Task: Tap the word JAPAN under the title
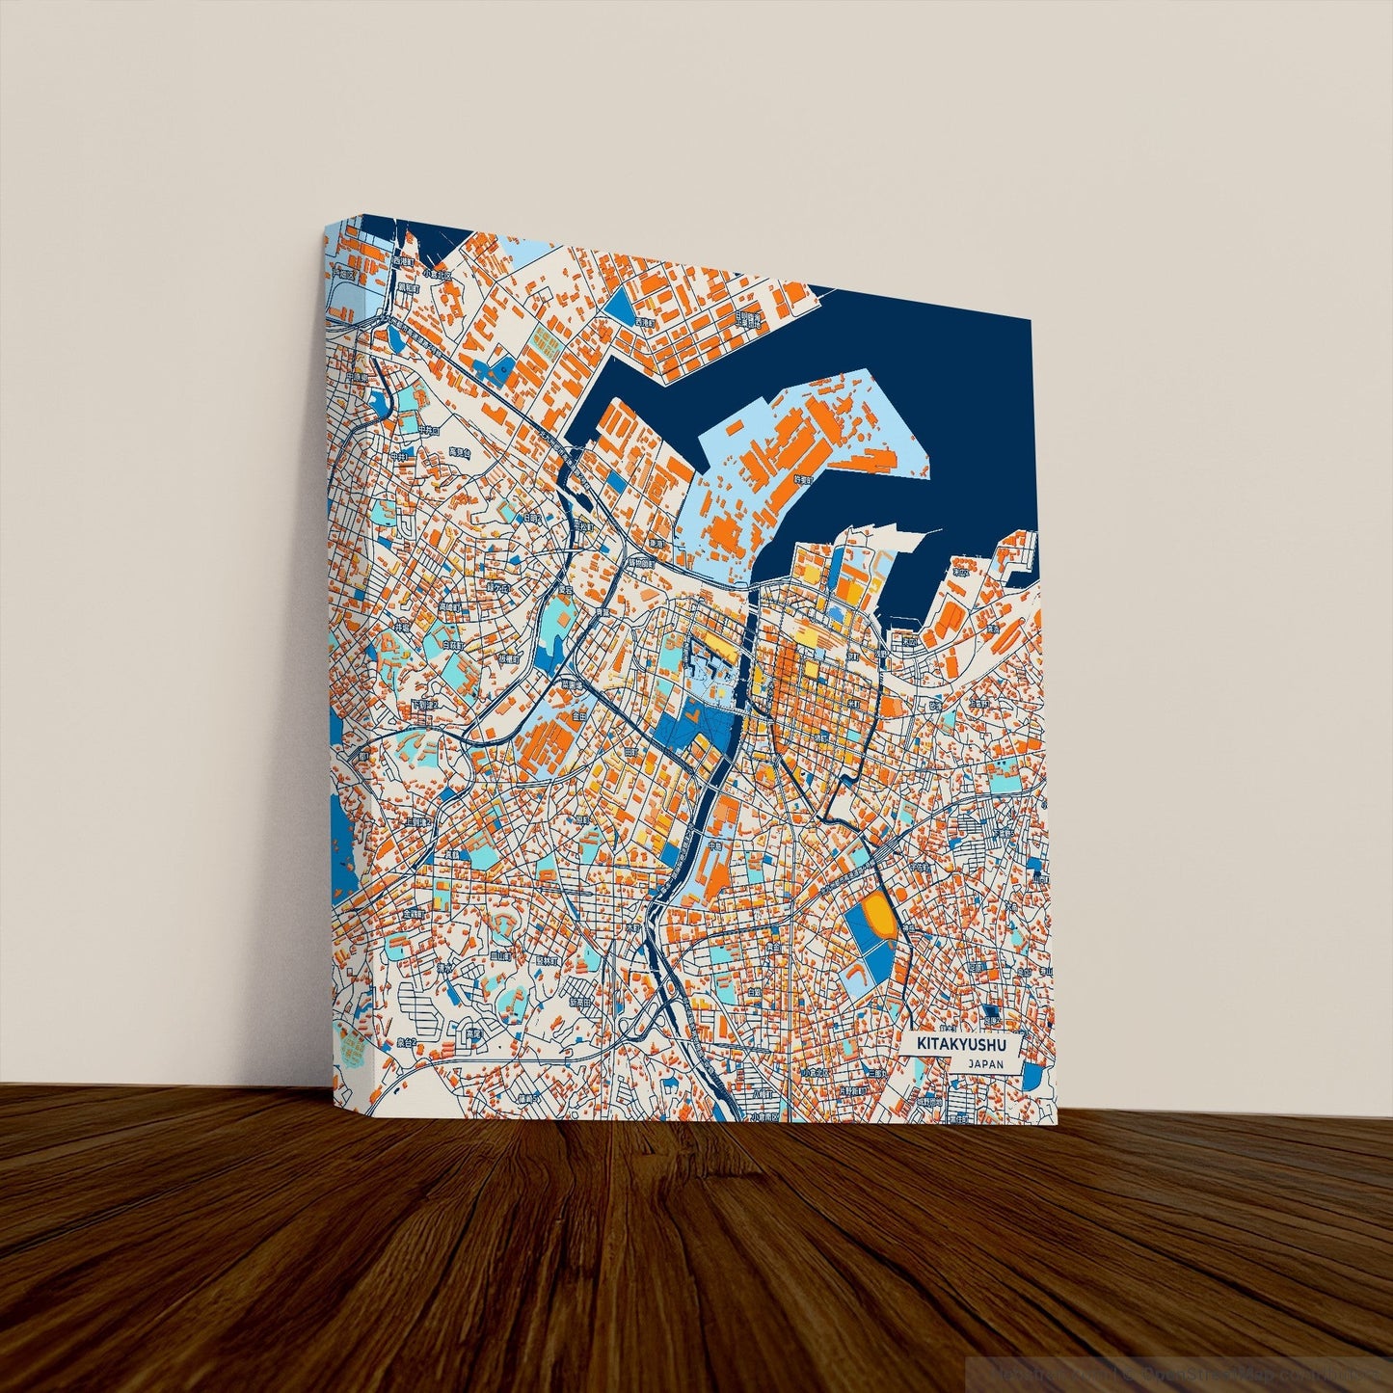tap(986, 1064)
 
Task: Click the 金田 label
tap(577, 717)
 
